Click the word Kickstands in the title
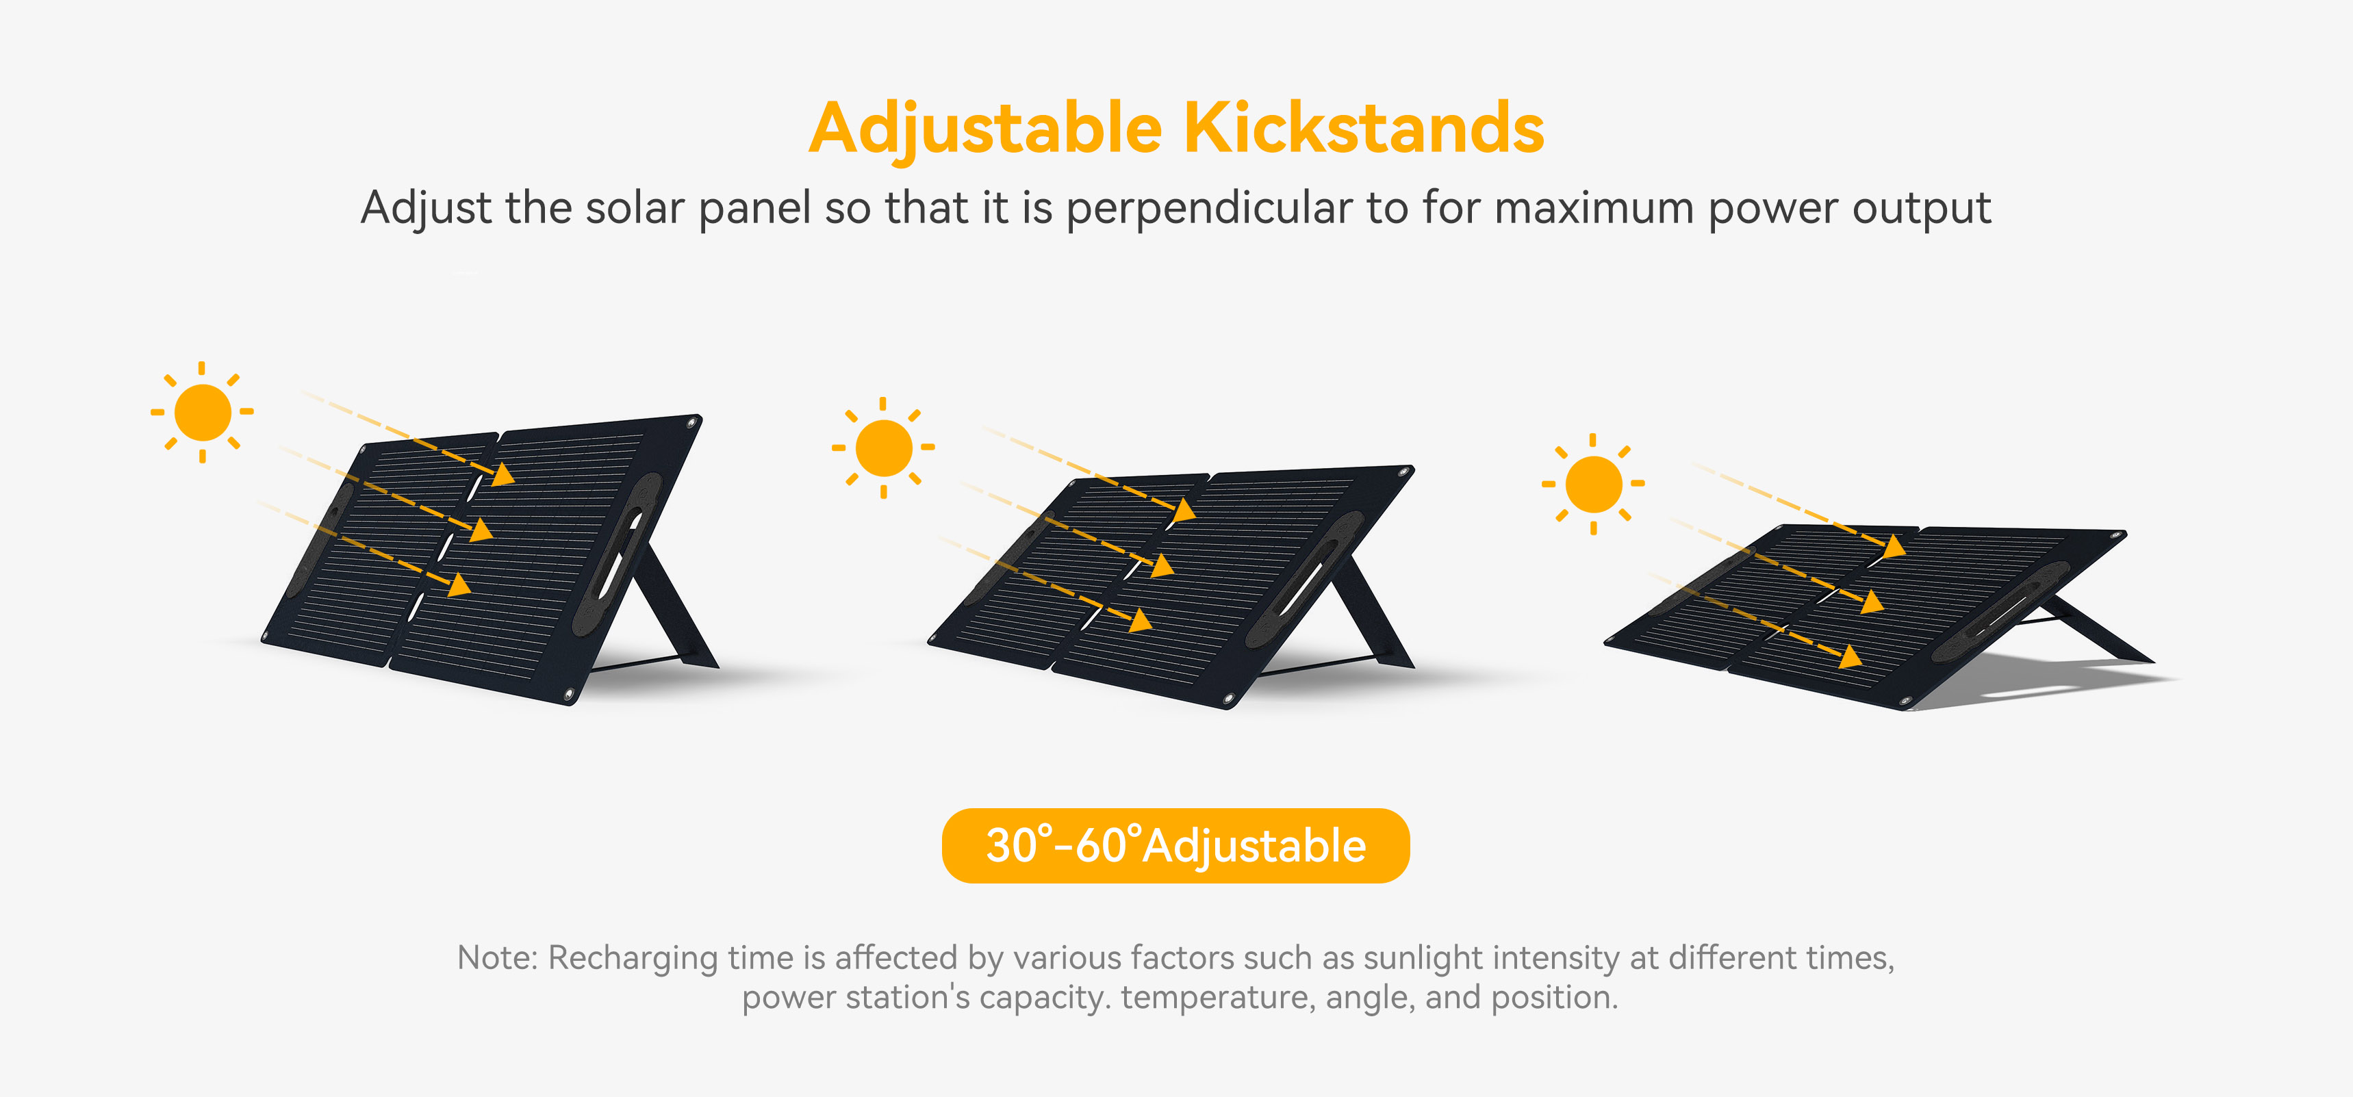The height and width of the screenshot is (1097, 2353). point(1364,128)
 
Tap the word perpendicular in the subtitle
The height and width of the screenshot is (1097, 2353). point(1210,208)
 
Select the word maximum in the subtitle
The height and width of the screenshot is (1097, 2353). point(1594,208)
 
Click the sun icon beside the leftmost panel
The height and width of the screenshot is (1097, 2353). point(202,412)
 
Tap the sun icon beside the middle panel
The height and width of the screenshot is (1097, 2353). point(883,448)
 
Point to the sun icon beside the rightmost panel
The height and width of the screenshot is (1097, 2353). point(1593,483)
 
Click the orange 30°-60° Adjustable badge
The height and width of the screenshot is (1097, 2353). point(1175,845)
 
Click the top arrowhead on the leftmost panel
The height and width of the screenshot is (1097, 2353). point(503,474)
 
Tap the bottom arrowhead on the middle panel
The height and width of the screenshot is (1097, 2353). point(1141,621)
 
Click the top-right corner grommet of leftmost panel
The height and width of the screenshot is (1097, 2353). point(692,423)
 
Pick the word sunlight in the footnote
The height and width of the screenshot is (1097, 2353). point(1423,959)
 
